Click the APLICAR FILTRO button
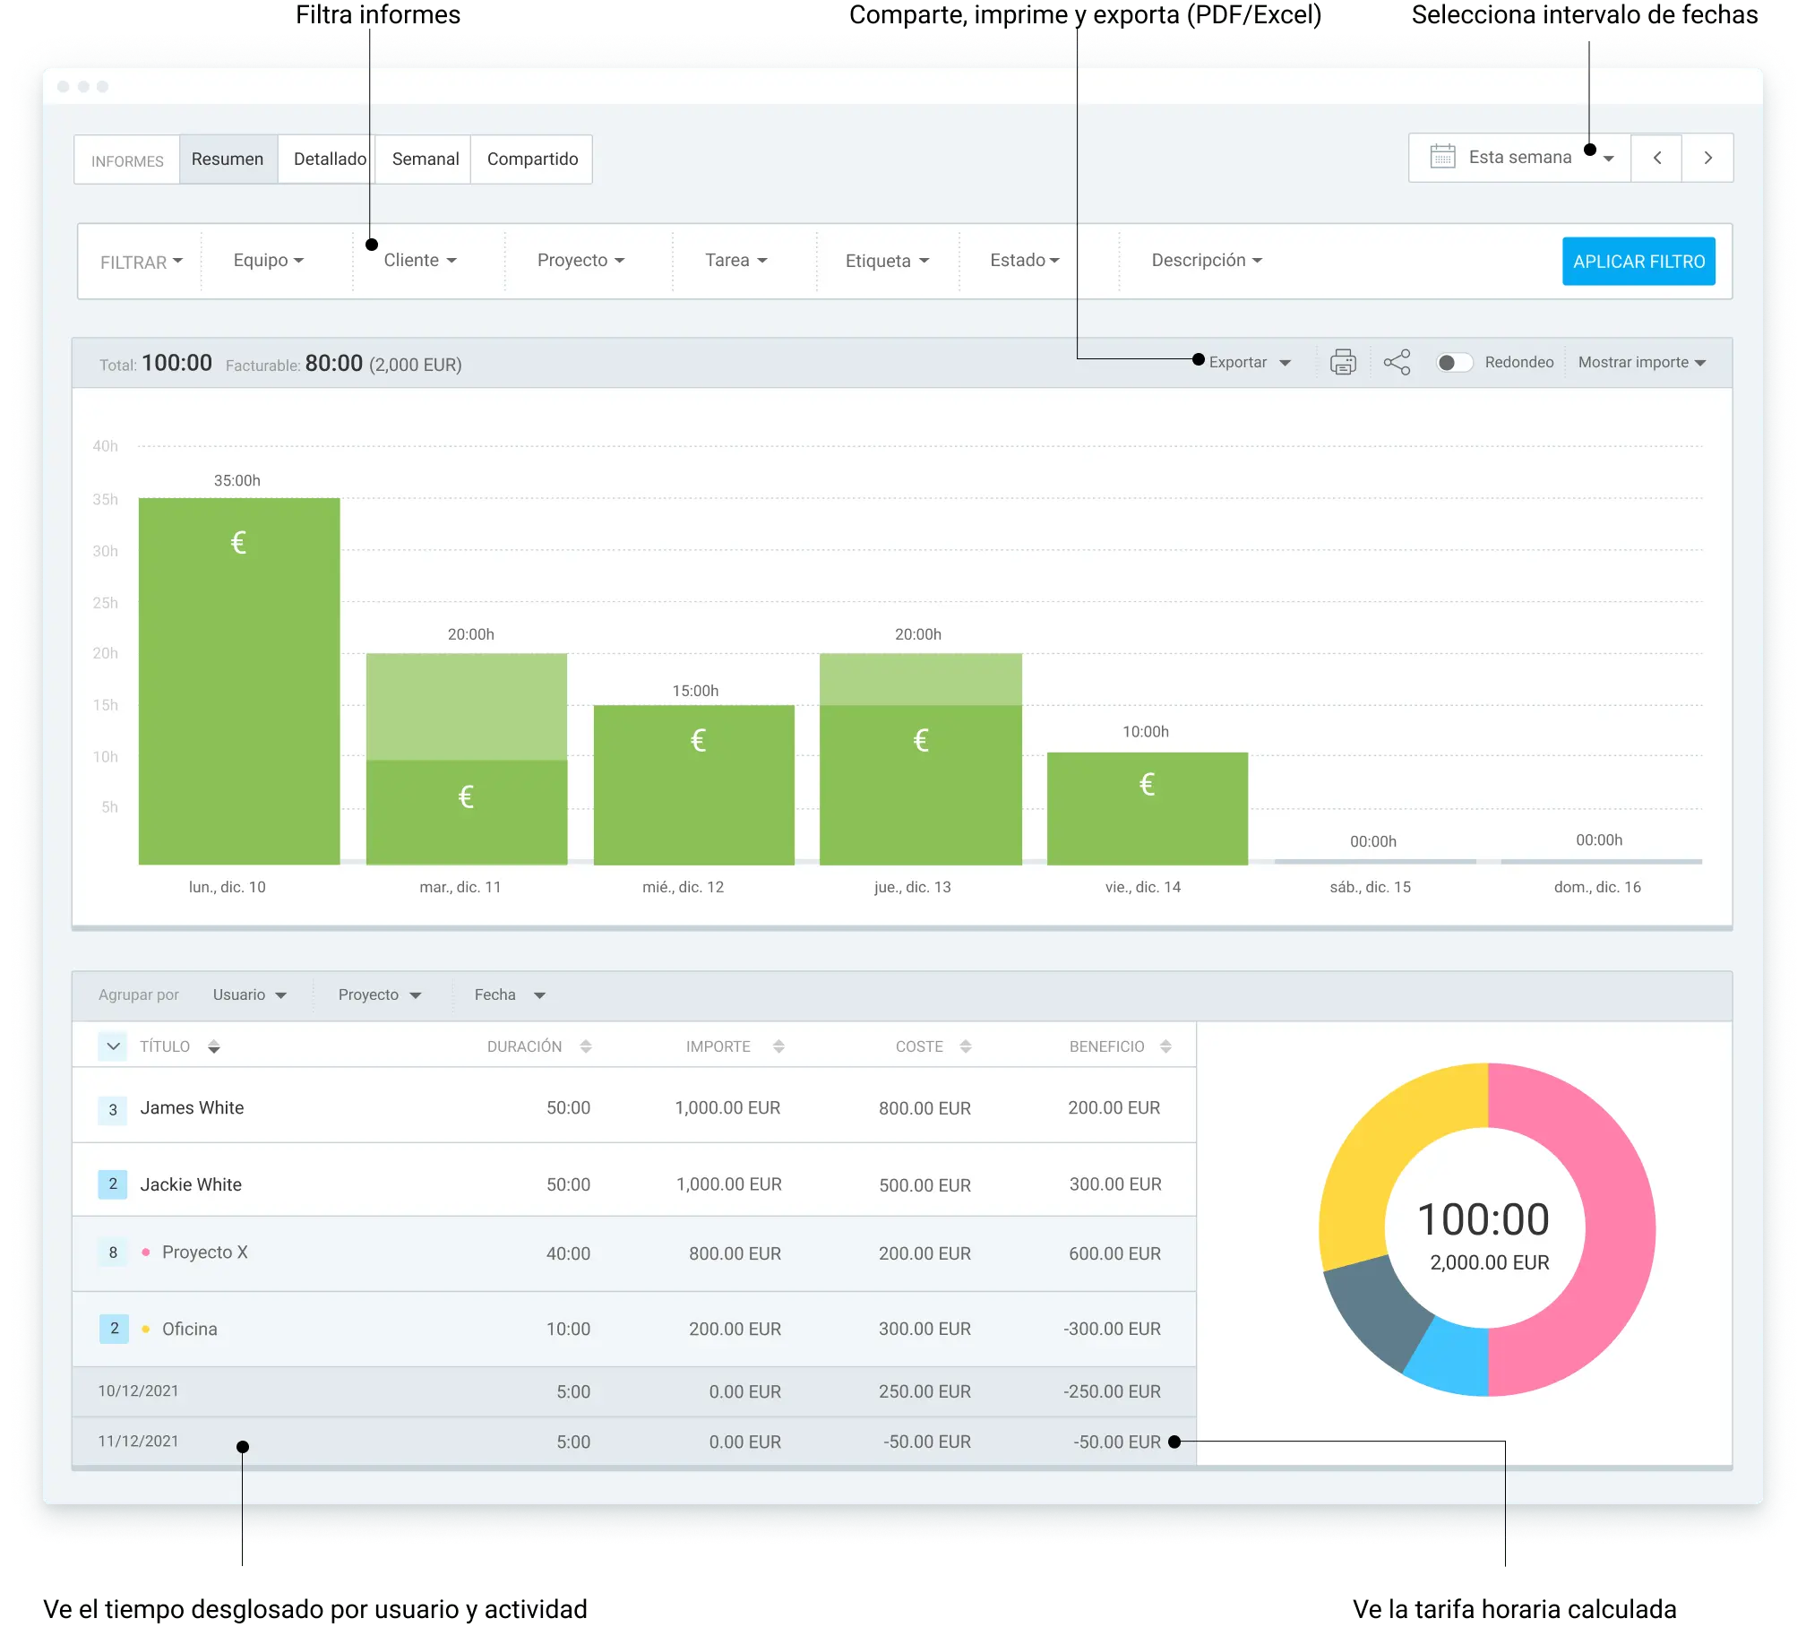(1638, 261)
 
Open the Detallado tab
(329, 159)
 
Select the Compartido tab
(532, 159)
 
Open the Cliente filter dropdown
(420, 260)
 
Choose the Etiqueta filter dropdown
(887, 261)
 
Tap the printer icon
(1343, 362)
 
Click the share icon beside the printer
(1397, 362)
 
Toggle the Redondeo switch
(1454, 362)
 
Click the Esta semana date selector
(1520, 158)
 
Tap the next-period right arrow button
(1707, 158)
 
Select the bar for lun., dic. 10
(239, 681)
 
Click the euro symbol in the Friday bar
(1147, 785)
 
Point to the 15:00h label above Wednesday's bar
(695, 691)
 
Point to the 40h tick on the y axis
(106, 446)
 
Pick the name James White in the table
(192, 1108)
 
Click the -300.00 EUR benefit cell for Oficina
(1112, 1329)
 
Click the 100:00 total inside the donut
(1483, 1219)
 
